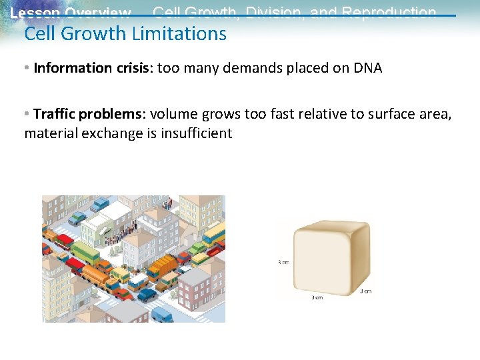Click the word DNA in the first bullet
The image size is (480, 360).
[367, 68]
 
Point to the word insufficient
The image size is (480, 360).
[196, 133]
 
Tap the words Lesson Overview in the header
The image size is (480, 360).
[71, 13]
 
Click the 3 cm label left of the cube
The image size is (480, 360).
[283, 262]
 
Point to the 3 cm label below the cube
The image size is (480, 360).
[317, 297]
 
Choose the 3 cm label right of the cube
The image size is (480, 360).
[365, 291]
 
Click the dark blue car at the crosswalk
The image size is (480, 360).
[146, 294]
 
